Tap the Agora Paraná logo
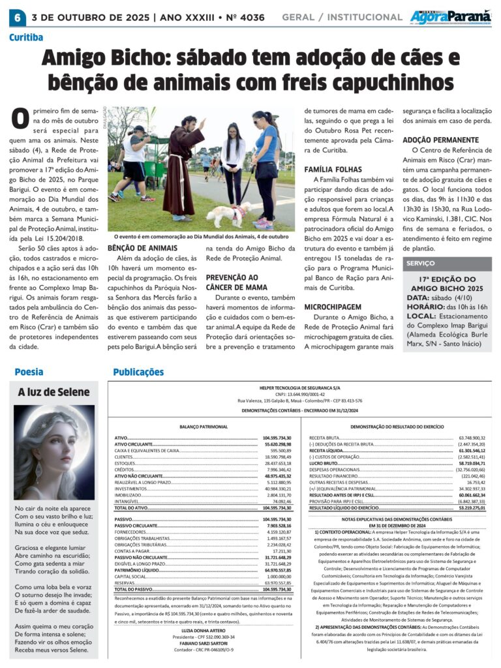tap(451, 17)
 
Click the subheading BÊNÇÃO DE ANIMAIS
tap(142, 249)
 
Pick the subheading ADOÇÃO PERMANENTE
tap(440, 140)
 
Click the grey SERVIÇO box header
tap(421, 263)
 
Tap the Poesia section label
tap(29, 372)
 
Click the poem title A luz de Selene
tap(54, 392)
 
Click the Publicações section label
tap(138, 372)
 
